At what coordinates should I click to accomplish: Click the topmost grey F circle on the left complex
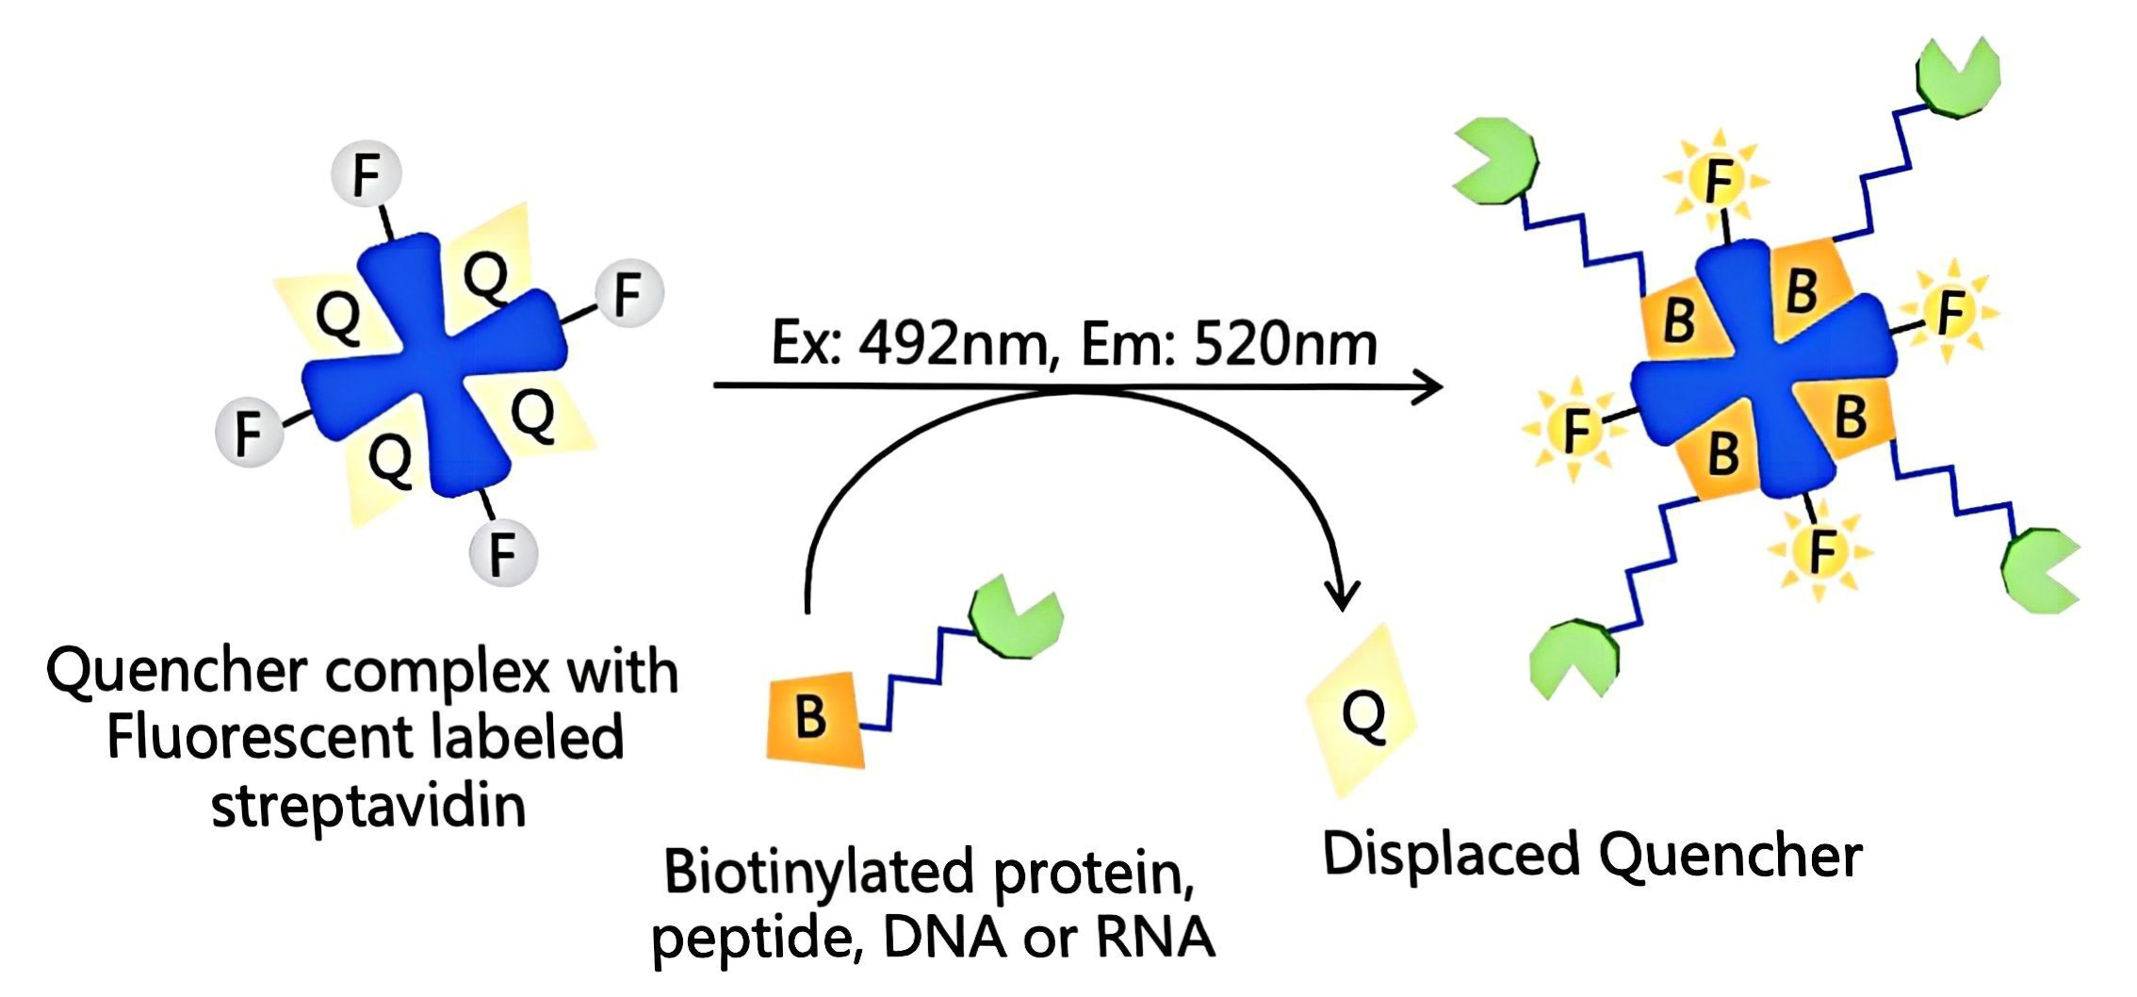coord(367,174)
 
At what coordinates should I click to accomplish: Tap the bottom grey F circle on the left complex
coord(503,552)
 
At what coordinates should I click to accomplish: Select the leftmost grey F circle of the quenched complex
coord(249,433)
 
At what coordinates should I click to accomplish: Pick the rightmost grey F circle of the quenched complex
coord(628,293)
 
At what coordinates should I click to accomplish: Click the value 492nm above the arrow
coord(953,344)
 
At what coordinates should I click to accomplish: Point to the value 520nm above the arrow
coord(1285,344)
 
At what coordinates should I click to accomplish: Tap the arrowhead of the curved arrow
coord(1342,597)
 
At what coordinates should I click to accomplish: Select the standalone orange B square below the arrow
coord(815,718)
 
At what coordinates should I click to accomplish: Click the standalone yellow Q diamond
coord(1362,712)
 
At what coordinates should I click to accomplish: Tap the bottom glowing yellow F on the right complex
coord(1821,551)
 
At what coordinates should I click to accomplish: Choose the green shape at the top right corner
coord(1958,77)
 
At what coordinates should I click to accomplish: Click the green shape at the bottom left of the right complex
coord(1574,658)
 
